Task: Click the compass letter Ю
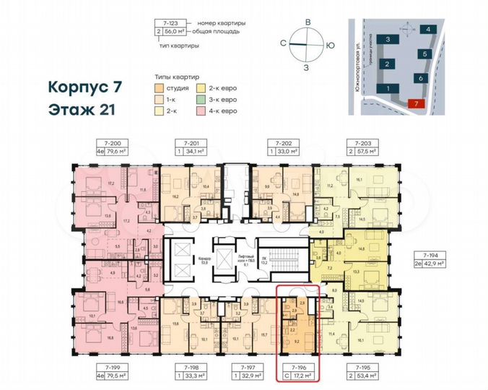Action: (x=330, y=45)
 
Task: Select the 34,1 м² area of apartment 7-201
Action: (x=192, y=152)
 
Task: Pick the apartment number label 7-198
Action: (x=192, y=366)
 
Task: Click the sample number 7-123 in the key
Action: (x=171, y=23)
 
